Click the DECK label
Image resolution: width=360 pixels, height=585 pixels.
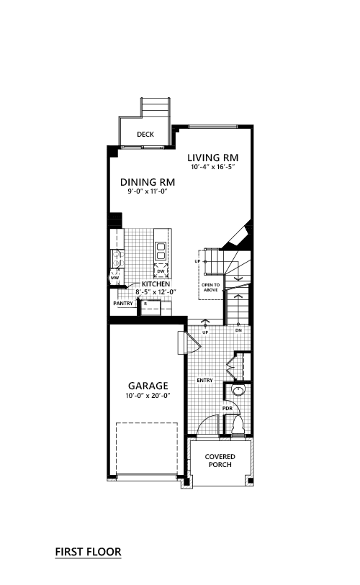point(145,135)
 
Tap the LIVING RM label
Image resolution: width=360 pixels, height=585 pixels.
point(213,158)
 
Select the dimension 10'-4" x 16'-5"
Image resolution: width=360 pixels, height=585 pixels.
point(213,167)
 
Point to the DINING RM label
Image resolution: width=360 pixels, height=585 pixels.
point(148,182)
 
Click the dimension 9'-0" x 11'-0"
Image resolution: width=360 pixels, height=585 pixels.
point(146,191)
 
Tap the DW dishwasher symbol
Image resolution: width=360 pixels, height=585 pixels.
point(161,271)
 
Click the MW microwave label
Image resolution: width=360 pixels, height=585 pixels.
point(114,278)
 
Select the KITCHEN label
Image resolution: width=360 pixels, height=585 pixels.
point(156,284)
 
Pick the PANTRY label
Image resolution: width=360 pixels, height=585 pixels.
point(123,304)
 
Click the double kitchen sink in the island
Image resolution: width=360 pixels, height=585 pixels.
point(161,250)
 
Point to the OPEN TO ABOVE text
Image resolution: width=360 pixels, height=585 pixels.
point(211,287)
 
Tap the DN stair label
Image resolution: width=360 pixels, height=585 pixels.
point(238,330)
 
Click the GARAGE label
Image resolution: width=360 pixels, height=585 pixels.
point(148,386)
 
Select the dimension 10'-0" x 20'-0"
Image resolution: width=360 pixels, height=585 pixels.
point(148,396)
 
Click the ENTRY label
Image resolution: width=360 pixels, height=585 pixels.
point(205,380)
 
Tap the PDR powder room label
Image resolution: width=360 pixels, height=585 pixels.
point(228,409)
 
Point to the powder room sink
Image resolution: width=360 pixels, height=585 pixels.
point(238,390)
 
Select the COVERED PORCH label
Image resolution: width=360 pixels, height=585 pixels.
point(220,461)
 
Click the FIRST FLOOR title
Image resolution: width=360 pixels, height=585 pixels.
point(88,552)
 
